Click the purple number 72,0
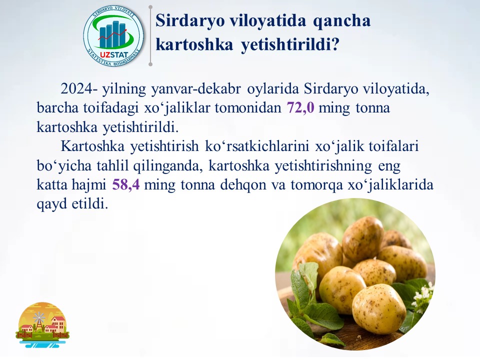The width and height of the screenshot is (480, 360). coord(300,108)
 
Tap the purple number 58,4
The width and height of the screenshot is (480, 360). coord(126,185)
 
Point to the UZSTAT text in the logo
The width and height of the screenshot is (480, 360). coord(114,55)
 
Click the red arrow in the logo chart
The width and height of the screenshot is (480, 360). coord(112,34)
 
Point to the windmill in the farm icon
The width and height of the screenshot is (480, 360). coord(39,321)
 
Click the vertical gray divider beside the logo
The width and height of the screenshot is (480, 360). coord(150,35)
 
